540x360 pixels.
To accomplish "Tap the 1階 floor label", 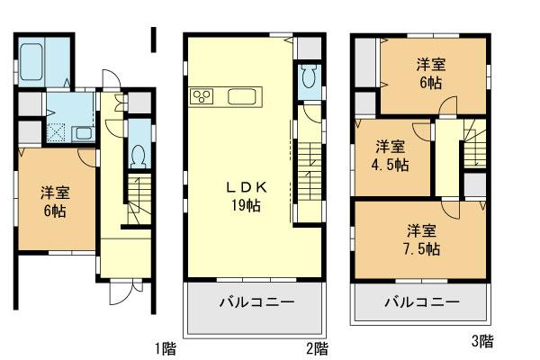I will click(164, 346).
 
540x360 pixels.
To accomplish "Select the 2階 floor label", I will click(316, 346).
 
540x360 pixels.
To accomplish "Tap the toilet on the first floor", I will click(137, 155).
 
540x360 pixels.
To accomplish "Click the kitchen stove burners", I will click(201, 96).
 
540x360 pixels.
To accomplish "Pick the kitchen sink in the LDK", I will click(244, 96).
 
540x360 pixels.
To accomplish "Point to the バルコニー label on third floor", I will click(418, 302).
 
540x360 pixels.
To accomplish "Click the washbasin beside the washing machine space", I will click(82, 133).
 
